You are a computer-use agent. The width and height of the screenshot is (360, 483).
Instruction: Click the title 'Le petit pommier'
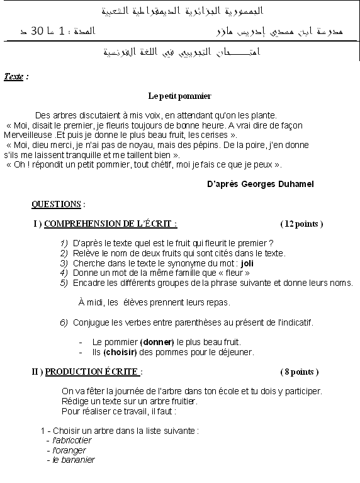tap(179, 96)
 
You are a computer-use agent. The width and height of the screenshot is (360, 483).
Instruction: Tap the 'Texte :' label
tap(16, 76)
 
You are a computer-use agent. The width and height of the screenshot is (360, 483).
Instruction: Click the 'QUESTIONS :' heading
tap(58, 204)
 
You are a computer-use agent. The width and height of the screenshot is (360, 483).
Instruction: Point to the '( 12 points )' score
tap(301, 224)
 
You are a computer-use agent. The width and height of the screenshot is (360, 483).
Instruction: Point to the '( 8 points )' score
tap(299, 372)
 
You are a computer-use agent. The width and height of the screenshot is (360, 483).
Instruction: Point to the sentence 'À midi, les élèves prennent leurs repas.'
tap(154, 303)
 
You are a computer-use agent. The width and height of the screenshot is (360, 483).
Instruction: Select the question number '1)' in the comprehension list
tap(64, 243)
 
